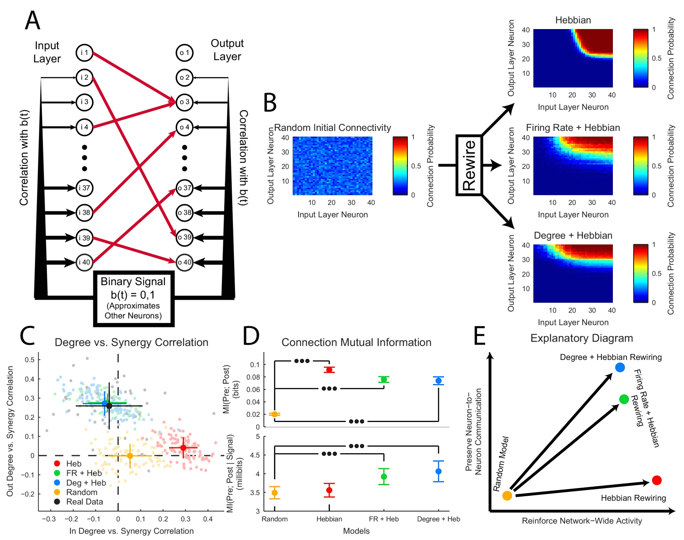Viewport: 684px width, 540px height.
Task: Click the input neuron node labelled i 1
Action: tap(84, 53)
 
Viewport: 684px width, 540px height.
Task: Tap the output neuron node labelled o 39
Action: tap(185, 237)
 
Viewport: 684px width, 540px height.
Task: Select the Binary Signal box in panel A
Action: tap(133, 298)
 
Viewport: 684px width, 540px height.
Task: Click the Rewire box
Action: tap(469, 165)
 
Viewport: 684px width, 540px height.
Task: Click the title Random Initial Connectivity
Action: tap(332, 128)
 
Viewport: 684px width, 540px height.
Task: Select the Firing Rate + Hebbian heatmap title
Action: tap(573, 128)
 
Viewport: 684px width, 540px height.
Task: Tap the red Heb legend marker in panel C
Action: tap(57, 463)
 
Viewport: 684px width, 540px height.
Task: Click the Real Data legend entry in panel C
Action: tap(84, 502)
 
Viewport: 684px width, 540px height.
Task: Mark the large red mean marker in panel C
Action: tap(183, 448)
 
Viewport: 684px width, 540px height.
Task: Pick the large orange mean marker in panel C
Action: tap(130, 456)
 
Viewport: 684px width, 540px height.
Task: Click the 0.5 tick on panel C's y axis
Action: tap(30, 360)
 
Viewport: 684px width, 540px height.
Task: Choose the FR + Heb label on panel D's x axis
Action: tap(384, 519)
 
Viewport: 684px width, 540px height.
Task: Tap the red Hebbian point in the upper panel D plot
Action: tap(329, 370)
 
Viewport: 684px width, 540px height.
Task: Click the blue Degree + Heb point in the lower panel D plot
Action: tap(438, 471)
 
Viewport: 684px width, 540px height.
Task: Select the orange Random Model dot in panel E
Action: tap(507, 496)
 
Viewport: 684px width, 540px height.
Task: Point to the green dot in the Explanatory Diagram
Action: tap(624, 399)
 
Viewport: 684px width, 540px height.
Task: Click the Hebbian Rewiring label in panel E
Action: tap(633, 498)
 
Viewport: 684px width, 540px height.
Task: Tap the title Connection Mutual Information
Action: tap(356, 342)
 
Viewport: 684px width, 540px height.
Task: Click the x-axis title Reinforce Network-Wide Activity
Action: tap(582, 521)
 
